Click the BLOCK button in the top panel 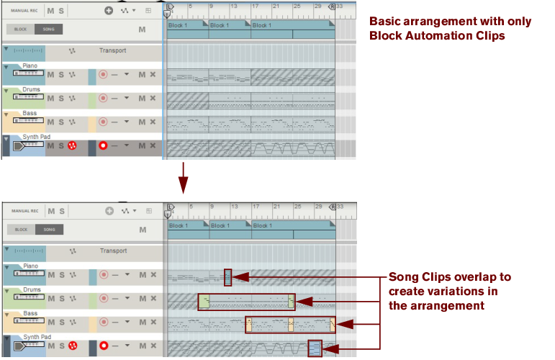21,30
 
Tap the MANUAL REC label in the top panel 24,11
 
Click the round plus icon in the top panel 109,11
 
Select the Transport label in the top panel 113,50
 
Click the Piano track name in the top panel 30,66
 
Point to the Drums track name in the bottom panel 31,290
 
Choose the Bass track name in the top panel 30,113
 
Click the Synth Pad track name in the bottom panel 36,336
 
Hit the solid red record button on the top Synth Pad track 103,146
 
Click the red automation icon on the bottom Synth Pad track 72,347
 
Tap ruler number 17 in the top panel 256,6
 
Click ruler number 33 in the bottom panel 340,207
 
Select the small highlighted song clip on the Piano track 227,277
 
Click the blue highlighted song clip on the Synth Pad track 314,348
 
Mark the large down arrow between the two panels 184,178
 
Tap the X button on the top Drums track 153,98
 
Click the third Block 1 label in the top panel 262,25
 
